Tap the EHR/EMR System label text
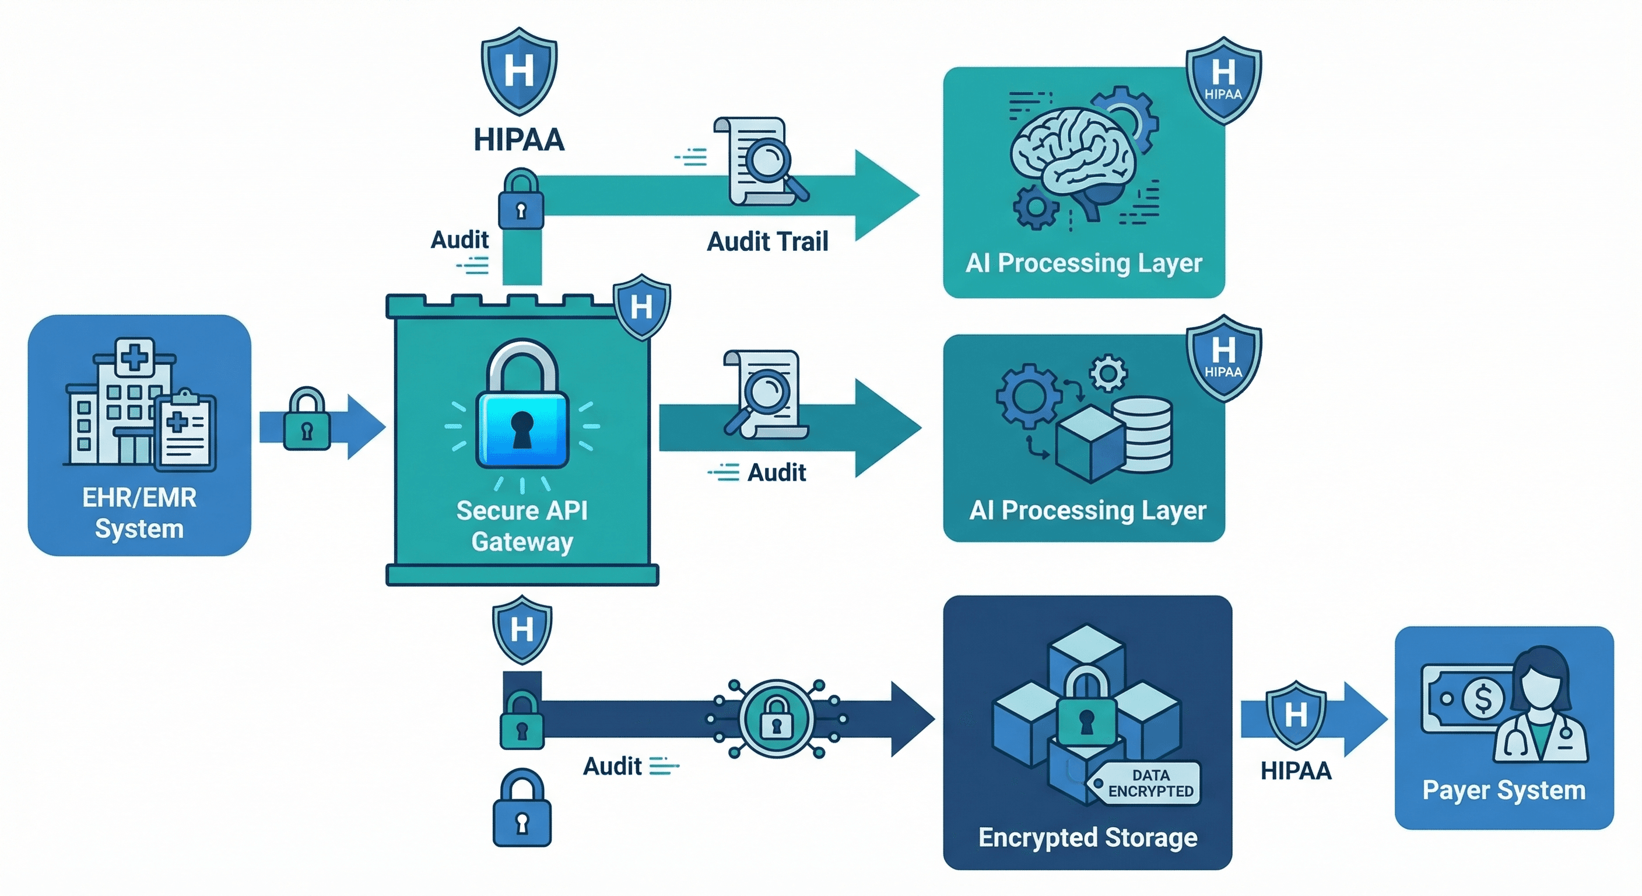pyautogui.click(x=139, y=513)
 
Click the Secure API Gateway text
pyautogui.click(x=522, y=526)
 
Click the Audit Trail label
pyautogui.click(x=767, y=242)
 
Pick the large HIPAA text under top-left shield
pyautogui.click(x=519, y=139)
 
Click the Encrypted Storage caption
pyautogui.click(x=1087, y=837)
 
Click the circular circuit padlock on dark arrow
pyautogui.click(x=776, y=718)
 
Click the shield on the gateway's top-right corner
pyautogui.click(x=641, y=307)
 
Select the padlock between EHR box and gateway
pyautogui.click(x=307, y=419)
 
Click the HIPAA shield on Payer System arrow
pyautogui.click(x=1295, y=713)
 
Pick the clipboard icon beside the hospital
pyautogui.click(x=185, y=430)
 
